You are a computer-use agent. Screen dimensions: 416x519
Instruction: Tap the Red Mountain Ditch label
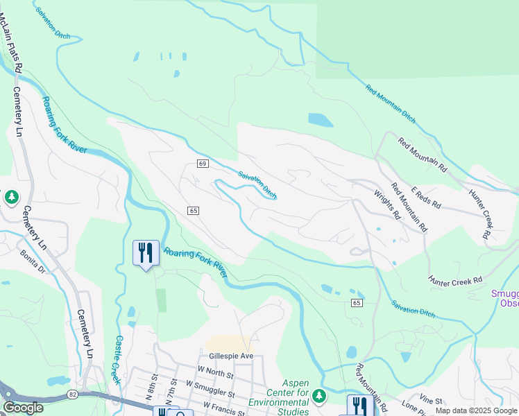[x=391, y=103]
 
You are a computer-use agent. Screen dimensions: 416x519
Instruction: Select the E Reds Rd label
[x=425, y=198]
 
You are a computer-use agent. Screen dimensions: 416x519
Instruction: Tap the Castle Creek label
[x=119, y=360]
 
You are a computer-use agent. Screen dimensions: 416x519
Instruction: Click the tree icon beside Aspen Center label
[x=318, y=396]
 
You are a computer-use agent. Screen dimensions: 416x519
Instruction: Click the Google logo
[x=23, y=408]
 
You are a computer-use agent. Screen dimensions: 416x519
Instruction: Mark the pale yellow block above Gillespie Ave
[x=228, y=343]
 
